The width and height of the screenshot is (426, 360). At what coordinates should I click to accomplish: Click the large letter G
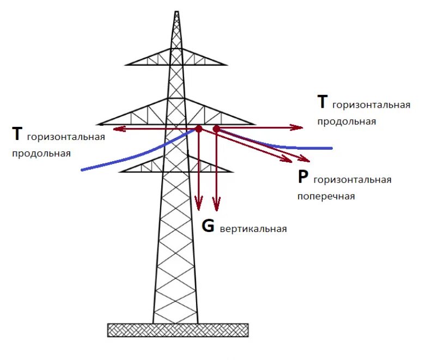tap(208, 225)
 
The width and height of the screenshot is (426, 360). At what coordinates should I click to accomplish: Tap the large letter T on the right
tap(323, 102)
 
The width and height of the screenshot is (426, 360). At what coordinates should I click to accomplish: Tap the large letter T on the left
tap(17, 133)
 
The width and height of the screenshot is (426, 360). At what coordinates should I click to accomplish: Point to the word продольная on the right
tap(346, 121)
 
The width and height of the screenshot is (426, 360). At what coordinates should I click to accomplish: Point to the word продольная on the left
tap(41, 153)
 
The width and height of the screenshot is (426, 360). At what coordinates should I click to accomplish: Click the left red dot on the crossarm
tap(199, 129)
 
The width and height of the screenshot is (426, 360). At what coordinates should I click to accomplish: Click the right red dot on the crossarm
tap(216, 129)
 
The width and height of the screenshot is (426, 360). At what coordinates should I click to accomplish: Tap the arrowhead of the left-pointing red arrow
tap(116, 129)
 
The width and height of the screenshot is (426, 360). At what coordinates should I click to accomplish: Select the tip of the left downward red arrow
tap(199, 209)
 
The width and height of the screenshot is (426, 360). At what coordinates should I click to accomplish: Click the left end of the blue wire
tap(82, 170)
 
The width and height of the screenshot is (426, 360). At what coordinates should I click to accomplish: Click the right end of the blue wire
tap(331, 148)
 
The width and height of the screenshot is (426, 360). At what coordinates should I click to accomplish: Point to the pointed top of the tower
tap(176, 12)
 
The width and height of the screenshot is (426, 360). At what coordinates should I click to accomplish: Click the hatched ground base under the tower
tap(178, 330)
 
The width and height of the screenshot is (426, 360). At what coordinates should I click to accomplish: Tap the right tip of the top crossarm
tap(225, 64)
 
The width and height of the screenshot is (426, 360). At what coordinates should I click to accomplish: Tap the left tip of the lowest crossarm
tap(121, 172)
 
